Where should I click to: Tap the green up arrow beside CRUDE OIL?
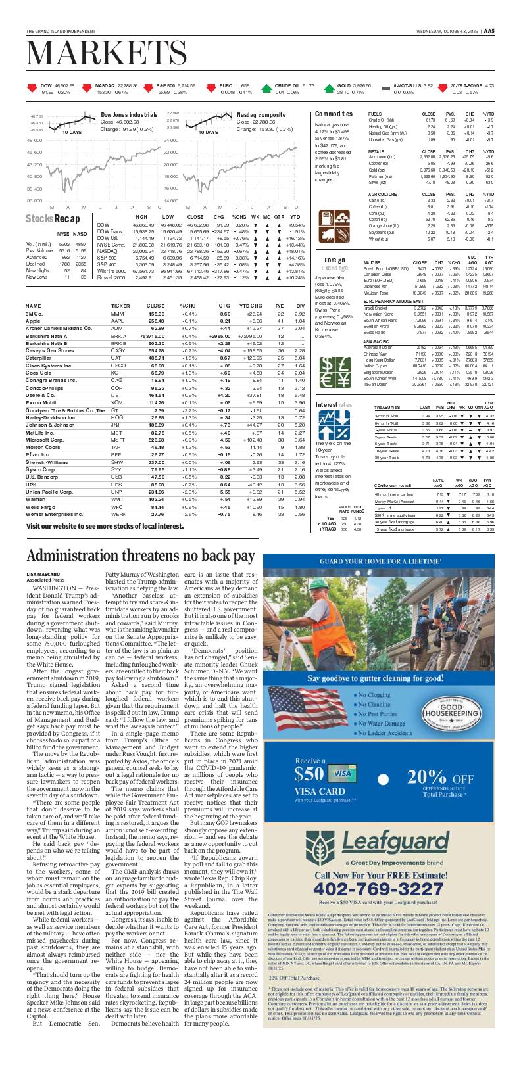265,89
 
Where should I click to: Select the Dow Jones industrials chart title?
129,115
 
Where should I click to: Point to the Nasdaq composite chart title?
261,115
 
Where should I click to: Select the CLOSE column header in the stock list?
155,306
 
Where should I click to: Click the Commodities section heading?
334,114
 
